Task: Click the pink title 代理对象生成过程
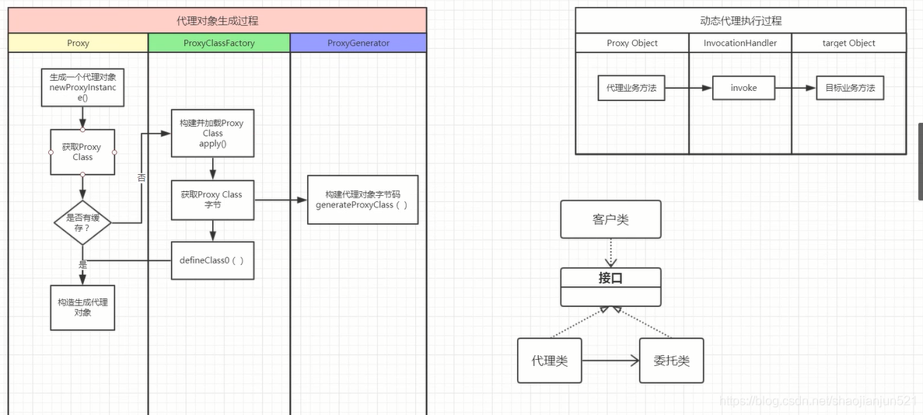pos(217,21)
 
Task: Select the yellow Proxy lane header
pos(78,43)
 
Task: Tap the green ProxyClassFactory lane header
pos(219,43)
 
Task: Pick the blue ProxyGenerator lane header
pos(358,43)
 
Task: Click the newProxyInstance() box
pos(82,88)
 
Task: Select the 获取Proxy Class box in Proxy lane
pos(82,152)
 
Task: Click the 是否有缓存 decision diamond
pos(82,223)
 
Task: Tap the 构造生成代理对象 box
pos(82,307)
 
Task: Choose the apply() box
pos(212,134)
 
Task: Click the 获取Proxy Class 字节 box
pos(212,200)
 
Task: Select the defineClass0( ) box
pos(212,260)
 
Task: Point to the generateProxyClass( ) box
pos(362,200)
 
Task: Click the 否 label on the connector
pos(142,178)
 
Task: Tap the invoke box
pos(743,88)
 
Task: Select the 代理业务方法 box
pos(631,88)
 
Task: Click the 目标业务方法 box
pos(850,88)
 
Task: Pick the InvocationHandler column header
pos(740,44)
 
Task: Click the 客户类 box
pos(610,219)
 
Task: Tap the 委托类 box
pos(671,361)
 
